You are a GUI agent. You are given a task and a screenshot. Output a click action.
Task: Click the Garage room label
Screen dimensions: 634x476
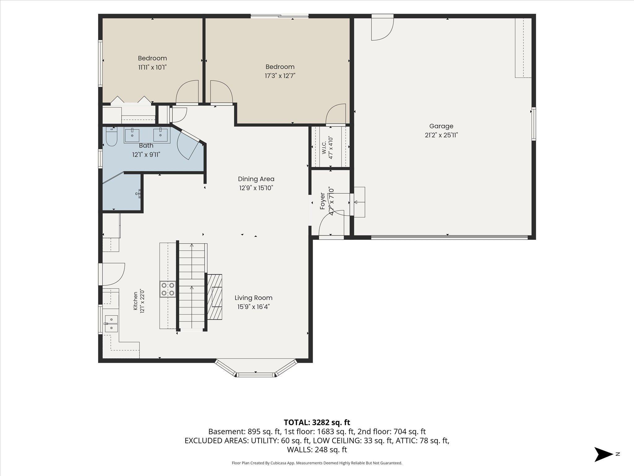click(441, 126)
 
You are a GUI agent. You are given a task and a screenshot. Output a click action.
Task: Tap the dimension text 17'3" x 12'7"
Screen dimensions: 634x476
click(280, 76)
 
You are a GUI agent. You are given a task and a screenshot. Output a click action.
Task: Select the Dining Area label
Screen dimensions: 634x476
click(256, 179)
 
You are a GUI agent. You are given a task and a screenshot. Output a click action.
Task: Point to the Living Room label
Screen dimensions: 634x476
click(254, 298)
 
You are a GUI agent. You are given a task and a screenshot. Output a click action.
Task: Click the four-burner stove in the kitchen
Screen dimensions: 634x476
click(168, 289)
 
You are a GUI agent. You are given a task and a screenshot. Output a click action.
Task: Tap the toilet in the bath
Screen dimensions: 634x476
click(111, 137)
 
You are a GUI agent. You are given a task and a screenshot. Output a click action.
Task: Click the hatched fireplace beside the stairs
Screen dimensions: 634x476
click(215, 297)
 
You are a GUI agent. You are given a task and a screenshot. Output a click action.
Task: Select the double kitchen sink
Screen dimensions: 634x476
click(111, 324)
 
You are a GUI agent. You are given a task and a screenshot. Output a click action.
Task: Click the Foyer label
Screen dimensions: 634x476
click(323, 201)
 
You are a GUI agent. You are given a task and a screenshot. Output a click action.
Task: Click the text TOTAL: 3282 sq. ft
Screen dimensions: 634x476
click(317, 422)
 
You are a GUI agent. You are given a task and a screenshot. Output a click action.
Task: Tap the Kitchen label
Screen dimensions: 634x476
click(135, 301)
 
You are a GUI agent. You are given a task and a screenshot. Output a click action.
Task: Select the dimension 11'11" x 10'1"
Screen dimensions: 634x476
click(152, 67)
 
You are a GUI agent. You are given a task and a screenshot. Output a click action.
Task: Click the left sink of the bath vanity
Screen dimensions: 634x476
click(132, 135)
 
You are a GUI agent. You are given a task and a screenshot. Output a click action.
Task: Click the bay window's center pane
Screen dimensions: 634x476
click(256, 375)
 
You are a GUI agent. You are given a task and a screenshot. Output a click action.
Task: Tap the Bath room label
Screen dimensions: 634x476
click(146, 145)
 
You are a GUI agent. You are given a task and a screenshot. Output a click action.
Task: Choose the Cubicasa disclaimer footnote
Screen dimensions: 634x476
click(317, 463)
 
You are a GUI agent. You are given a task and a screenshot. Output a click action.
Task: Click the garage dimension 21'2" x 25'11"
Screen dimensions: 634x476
click(441, 135)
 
